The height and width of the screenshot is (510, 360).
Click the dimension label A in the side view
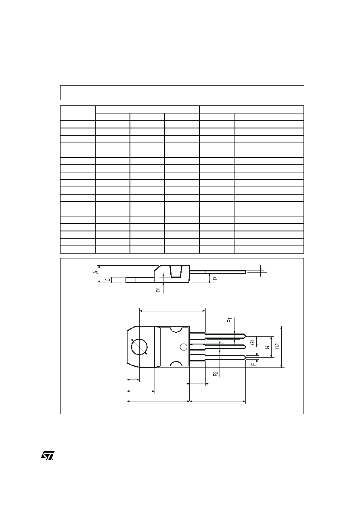[x=96, y=272]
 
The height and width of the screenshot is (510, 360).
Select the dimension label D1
[x=158, y=290]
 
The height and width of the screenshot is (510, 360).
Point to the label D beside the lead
[x=216, y=278]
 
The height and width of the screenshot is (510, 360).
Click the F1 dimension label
[x=230, y=320]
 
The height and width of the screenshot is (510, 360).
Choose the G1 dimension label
[x=252, y=342]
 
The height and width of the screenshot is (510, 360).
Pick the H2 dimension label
[x=277, y=346]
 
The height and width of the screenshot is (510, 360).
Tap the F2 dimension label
[x=215, y=374]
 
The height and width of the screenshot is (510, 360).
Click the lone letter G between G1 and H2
[x=268, y=347]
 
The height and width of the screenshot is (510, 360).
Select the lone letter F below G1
[x=253, y=364]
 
